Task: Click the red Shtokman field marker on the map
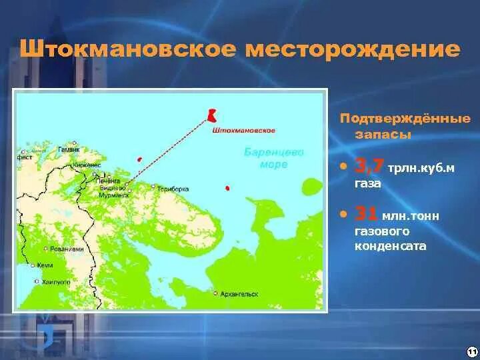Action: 212,115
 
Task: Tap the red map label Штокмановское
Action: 243,131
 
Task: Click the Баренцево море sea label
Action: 273,158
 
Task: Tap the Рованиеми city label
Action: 67,249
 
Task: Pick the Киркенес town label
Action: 87,164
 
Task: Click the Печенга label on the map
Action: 107,181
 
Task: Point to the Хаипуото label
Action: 56,282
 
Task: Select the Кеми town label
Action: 45,265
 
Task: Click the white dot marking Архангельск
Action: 215,293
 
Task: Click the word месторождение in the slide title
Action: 353,50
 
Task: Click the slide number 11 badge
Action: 471,351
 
